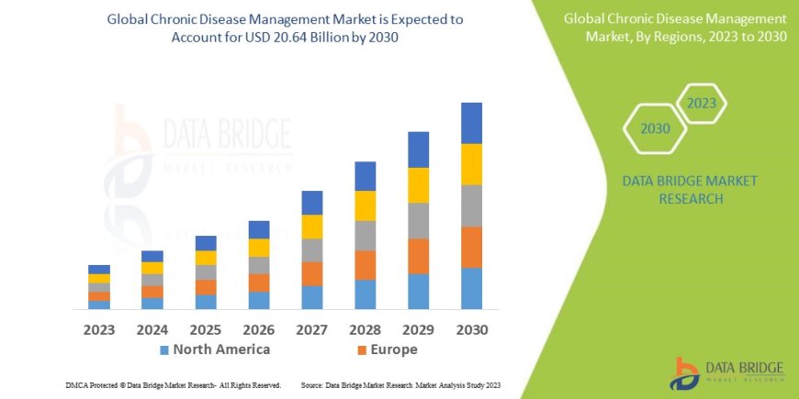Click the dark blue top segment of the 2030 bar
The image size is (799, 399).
click(471, 123)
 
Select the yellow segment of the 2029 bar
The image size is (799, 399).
click(418, 185)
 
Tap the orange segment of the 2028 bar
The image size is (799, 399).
click(365, 265)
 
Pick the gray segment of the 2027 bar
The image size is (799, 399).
click(311, 250)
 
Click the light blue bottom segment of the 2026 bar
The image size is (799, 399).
click(259, 300)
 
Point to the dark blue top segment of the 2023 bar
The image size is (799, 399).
click(99, 269)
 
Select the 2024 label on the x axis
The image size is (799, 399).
click(152, 329)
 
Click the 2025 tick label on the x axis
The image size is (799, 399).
click(206, 329)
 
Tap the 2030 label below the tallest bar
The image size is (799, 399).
click(471, 329)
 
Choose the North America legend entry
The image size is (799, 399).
click(216, 349)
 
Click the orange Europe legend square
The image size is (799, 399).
click(362, 350)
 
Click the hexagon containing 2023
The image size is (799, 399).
click(701, 103)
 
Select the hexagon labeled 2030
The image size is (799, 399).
click(655, 128)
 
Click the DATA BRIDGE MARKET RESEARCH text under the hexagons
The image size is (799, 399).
click(689, 189)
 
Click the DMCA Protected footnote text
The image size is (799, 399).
click(174, 385)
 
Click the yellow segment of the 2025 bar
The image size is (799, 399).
click(206, 258)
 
